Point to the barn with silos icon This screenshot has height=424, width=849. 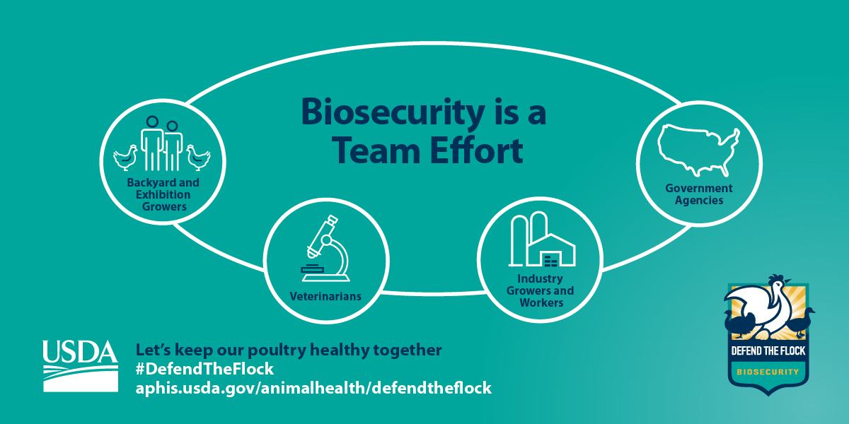[x=541, y=240]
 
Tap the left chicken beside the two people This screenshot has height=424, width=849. [x=125, y=156]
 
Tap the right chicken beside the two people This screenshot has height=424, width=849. [x=199, y=156]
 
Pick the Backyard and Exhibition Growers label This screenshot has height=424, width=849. [x=163, y=194]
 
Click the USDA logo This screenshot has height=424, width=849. [x=79, y=365]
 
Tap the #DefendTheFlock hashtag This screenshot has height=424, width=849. [x=204, y=370]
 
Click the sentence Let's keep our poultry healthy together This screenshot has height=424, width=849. [x=289, y=351]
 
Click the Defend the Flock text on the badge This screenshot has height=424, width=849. [x=768, y=351]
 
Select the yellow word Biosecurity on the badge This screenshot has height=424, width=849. [x=768, y=371]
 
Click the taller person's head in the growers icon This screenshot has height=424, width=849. [x=151, y=122]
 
